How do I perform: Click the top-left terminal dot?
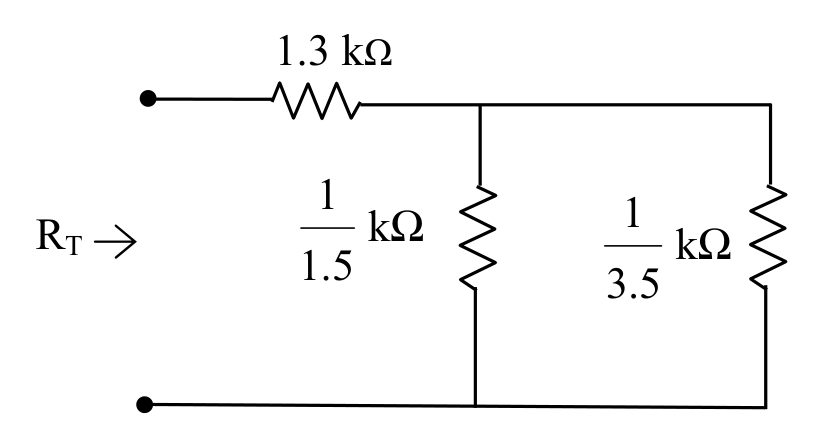[x=148, y=98]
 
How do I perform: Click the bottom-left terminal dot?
[x=145, y=404]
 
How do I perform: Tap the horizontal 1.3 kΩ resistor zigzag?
[x=317, y=100]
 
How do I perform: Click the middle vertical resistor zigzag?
[x=477, y=236]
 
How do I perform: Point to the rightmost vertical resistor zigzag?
[x=768, y=236]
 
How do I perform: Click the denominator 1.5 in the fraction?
[x=327, y=266]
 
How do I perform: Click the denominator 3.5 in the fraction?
[x=633, y=284]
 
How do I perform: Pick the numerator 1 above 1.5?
[x=327, y=194]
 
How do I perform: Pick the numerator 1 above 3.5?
[x=633, y=213]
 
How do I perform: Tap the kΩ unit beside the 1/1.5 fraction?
[x=395, y=226]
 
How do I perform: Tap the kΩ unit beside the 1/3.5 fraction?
[x=703, y=244]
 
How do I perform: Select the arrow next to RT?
[x=115, y=242]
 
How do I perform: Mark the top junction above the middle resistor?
[x=480, y=105]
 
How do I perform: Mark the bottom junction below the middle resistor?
[x=475, y=405]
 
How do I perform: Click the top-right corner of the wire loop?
[x=770, y=105]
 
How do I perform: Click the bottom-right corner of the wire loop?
[x=766, y=406]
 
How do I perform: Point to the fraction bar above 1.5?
[x=327, y=228]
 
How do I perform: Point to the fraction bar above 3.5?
[x=633, y=246]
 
